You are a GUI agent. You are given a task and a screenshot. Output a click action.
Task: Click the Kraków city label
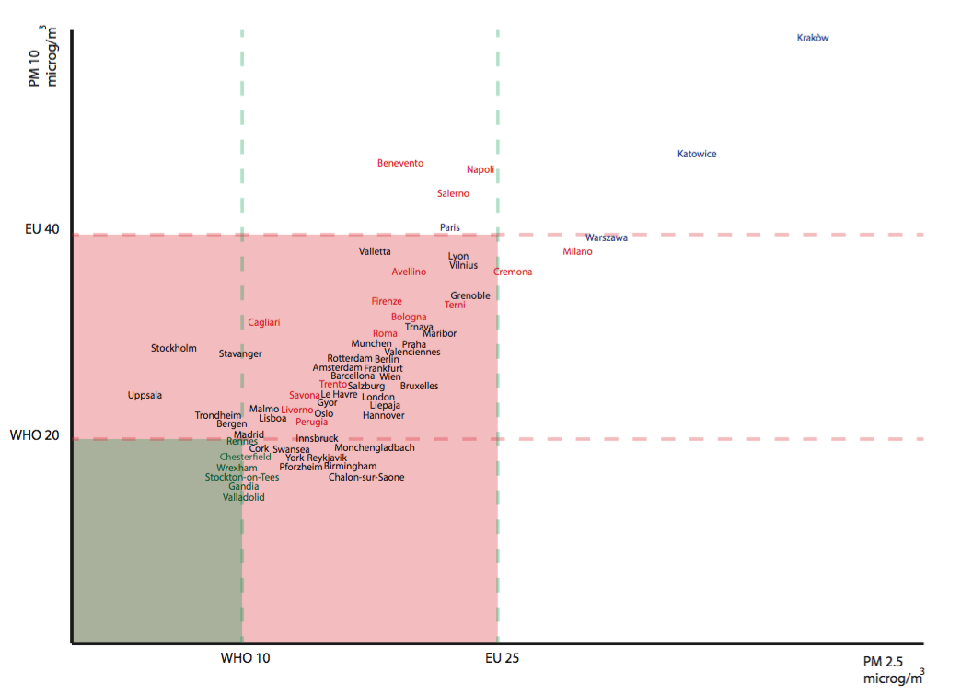(813, 38)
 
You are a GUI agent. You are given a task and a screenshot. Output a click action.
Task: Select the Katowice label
(697, 154)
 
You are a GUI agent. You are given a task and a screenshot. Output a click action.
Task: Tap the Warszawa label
(607, 237)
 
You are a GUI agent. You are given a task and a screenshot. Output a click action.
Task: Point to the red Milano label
(577, 251)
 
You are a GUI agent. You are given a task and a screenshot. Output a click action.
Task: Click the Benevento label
(400, 163)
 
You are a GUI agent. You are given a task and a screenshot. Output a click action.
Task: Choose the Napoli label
(480, 169)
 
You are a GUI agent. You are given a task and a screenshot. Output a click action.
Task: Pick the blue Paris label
(450, 227)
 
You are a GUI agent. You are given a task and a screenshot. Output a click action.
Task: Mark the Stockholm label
(174, 348)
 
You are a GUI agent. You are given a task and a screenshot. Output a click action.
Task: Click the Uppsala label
(145, 395)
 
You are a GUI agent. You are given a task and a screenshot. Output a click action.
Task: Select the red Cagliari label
(264, 322)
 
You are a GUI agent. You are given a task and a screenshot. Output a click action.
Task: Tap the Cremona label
(513, 272)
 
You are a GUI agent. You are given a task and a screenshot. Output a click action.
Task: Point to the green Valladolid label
(243, 497)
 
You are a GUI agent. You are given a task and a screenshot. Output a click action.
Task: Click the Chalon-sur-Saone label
(366, 477)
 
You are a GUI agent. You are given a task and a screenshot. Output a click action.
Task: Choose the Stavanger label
(240, 353)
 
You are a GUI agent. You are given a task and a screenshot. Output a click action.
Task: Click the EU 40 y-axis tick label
(42, 228)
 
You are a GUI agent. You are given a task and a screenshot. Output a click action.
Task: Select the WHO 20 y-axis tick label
(35, 434)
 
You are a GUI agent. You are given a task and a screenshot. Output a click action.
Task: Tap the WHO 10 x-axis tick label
(246, 658)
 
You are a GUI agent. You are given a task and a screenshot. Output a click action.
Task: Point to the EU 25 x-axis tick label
(503, 658)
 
